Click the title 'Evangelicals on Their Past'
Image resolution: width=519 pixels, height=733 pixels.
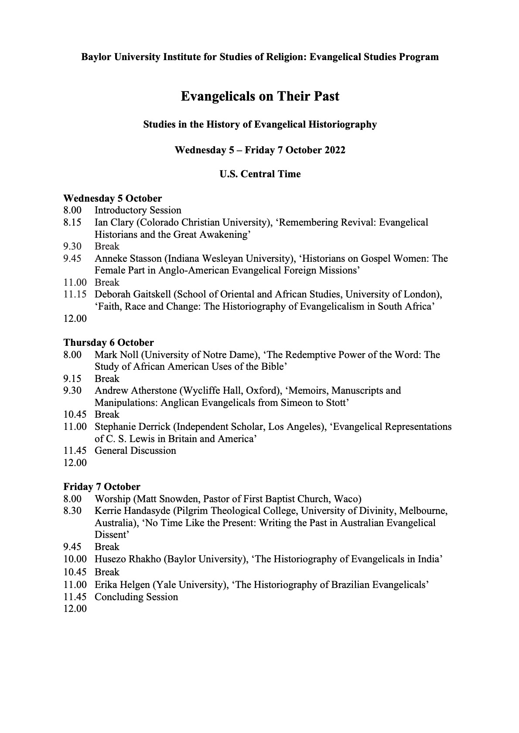tap(260, 96)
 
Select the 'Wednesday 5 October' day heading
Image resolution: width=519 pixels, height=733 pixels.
tap(113, 199)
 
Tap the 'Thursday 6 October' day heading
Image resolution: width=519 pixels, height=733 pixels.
tap(109, 343)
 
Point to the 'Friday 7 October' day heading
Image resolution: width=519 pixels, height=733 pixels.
tap(102, 486)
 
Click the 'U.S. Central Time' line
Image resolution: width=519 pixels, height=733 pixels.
tap(260, 174)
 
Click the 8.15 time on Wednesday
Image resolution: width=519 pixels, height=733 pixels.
tap(72, 223)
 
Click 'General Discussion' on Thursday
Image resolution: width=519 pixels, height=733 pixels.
tap(135, 451)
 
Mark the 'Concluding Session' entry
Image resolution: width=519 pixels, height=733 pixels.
tap(136, 597)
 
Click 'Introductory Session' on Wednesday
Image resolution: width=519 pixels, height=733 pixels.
tap(138, 211)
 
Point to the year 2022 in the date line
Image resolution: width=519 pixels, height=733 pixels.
tap(335, 150)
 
